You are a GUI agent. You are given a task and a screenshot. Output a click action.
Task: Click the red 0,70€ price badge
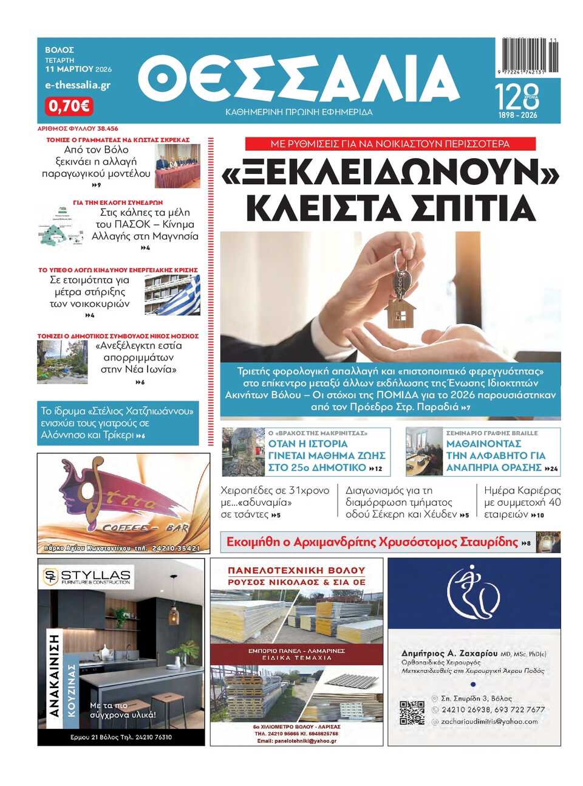pyautogui.click(x=69, y=106)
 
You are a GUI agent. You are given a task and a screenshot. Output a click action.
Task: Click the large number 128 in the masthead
pyautogui.click(x=517, y=96)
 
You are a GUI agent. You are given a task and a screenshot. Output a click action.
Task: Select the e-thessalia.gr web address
pyautogui.click(x=78, y=85)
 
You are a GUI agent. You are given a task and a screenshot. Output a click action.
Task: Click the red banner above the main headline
pyautogui.click(x=390, y=144)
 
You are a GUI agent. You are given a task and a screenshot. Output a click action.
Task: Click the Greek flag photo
pyautogui.click(x=173, y=295)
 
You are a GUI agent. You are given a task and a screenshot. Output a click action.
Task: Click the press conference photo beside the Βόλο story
pyautogui.click(x=177, y=165)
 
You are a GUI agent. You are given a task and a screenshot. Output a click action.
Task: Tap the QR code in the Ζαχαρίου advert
pyautogui.click(x=412, y=712)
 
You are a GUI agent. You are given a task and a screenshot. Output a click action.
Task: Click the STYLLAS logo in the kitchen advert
pyautogui.click(x=86, y=576)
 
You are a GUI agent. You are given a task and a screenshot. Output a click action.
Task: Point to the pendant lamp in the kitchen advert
pyautogui.click(x=174, y=614)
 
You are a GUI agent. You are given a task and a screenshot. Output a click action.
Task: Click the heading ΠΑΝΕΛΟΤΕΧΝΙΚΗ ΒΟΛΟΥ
pyautogui.click(x=296, y=570)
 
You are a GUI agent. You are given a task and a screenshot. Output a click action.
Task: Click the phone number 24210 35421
pyautogui.click(x=176, y=548)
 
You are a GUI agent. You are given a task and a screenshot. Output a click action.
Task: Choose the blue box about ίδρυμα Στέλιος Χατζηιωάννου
pyautogui.click(x=118, y=423)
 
